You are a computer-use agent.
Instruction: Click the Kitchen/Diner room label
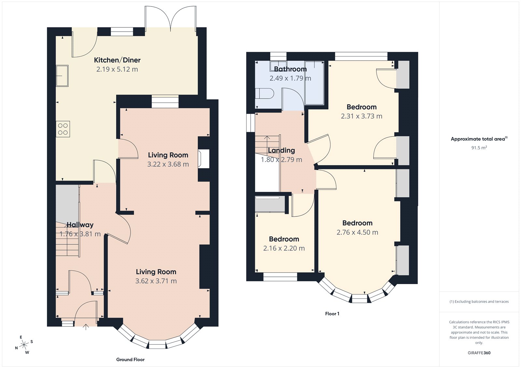tap(117, 60)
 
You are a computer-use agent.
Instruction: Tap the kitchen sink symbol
tap(62, 75)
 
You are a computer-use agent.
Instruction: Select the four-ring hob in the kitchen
tap(63, 129)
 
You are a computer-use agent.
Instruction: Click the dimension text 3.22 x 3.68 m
tap(168, 164)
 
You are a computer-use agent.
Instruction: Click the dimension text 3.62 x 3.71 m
tap(156, 281)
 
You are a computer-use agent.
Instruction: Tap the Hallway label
tap(80, 225)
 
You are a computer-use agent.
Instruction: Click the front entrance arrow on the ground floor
tap(86, 327)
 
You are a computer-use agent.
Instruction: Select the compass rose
tap(24, 345)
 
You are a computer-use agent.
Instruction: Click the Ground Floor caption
tap(130, 360)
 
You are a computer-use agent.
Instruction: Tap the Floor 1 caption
tap(332, 314)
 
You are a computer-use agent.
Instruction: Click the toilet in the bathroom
tap(264, 93)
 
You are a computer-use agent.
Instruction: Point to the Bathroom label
tap(290, 69)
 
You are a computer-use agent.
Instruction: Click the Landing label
tap(281, 150)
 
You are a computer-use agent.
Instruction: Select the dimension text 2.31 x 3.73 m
tap(361, 116)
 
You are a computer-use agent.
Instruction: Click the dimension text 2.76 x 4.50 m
tap(357, 232)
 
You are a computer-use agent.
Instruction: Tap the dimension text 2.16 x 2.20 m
tap(284, 248)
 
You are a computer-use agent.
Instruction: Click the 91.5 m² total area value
tap(479, 148)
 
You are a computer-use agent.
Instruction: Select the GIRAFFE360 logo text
tap(479, 353)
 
